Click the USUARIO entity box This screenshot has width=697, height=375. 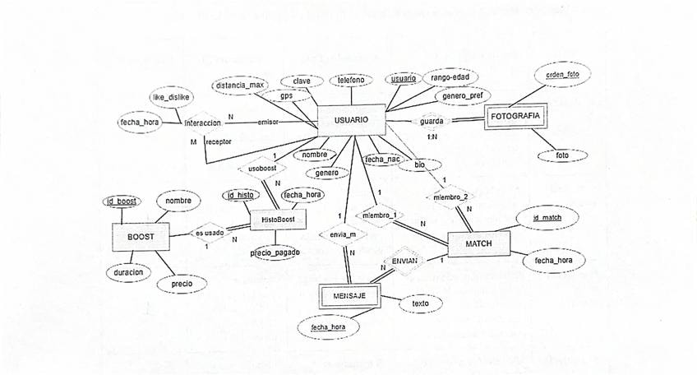point(351,121)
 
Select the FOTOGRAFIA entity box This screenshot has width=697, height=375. point(515,116)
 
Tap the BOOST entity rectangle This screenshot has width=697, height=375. point(139,237)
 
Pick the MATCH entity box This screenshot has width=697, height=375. point(478,244)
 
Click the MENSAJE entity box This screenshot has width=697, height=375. point(349,295)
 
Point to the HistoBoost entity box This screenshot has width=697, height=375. point(278,220)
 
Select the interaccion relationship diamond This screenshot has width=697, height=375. point(202,123)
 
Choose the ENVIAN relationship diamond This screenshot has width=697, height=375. point(404,260)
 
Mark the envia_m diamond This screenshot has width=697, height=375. point(341,235)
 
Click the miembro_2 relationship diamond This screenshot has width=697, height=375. point(450,197)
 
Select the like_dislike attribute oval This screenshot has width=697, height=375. point(171,97)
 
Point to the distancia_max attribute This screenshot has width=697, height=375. point(238,85)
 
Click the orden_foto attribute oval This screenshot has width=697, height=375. point(562,74)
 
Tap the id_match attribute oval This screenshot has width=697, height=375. point(547,217)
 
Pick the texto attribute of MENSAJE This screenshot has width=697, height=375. point(419,303)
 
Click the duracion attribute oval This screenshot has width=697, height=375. point(129,271)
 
